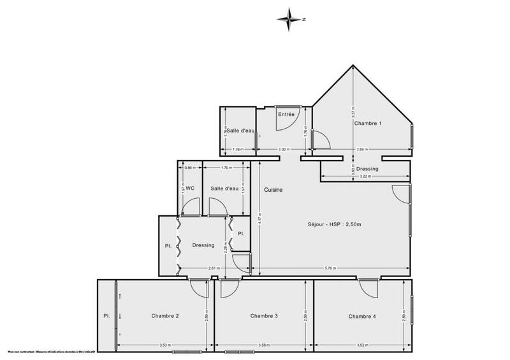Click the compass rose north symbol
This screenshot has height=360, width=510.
coord(291,19)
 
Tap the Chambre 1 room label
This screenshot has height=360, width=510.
coord(368,123)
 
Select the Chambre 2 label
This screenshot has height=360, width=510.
coord(165,317)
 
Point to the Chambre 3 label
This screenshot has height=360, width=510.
coord(264,316)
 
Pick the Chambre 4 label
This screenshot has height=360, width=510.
coord(362,316)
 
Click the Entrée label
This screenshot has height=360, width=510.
coord(286,114)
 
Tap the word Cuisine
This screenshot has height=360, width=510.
coord(272,190)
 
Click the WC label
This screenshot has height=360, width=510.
coord(189,188)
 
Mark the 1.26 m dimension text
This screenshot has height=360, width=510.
coord(238,150)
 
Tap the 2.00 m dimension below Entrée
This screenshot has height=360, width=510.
coord(284,150)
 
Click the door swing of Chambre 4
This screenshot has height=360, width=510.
coord(369,288)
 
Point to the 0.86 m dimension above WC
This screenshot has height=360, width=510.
coord(189,168)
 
